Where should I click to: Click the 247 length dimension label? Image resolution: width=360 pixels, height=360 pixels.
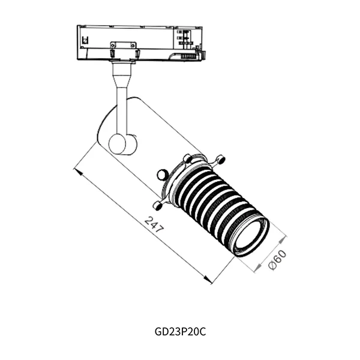[154, 224]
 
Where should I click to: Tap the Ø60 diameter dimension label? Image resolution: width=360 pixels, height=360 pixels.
[277, 259]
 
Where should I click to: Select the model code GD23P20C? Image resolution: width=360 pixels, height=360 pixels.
[180, 332]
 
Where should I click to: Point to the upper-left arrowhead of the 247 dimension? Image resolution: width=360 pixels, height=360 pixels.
[78, 171]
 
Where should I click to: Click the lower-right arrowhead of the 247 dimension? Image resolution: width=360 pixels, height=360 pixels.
[208, 280]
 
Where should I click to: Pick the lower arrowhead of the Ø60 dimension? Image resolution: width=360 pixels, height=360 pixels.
[259, 267]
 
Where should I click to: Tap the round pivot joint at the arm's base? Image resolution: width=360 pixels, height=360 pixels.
[118, 144]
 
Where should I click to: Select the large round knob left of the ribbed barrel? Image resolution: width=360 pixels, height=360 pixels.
[163, 175]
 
